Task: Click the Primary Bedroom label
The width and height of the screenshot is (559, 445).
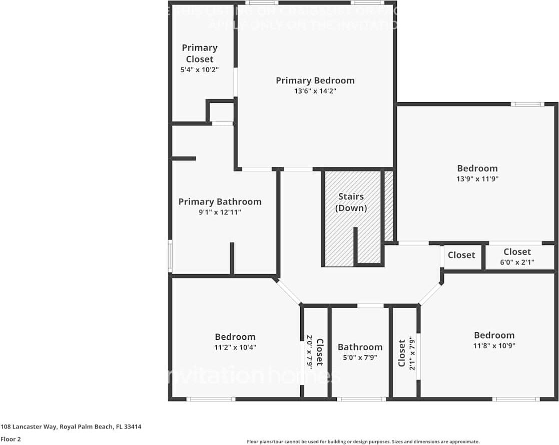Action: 315,80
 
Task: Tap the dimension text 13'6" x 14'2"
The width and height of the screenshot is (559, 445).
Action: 315,91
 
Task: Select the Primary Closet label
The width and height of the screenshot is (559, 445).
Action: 199,53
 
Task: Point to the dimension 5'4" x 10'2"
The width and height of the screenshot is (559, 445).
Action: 199,70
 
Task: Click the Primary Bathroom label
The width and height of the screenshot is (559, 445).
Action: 220,201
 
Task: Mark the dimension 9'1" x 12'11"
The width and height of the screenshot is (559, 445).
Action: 220,212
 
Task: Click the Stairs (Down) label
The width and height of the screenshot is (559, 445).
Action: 351,202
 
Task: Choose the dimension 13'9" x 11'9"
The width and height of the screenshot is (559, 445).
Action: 477,179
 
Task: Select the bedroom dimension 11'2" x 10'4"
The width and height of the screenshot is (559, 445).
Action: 235,347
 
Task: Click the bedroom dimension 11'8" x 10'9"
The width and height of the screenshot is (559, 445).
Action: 494,346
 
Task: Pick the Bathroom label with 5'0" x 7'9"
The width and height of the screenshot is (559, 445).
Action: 360,347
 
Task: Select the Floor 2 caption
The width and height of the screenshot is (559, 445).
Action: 10,439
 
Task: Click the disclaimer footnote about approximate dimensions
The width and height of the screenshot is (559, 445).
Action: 363,441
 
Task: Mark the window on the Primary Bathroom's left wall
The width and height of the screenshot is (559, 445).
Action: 170,256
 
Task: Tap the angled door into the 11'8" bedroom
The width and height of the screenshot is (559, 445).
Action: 430,294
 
